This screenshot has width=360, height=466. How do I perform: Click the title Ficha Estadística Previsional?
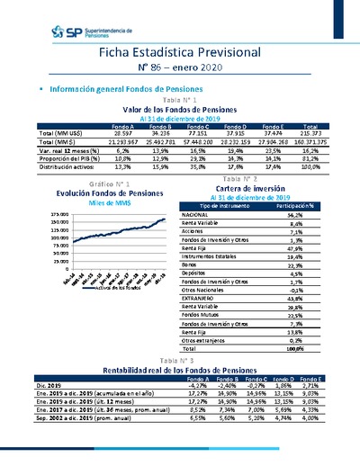tap(180, 55)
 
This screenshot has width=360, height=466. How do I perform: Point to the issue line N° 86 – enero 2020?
tap(180, 71)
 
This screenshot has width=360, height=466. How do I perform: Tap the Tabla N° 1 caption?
tap(180, 100)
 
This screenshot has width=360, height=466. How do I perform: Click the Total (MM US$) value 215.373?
tap(314, 131)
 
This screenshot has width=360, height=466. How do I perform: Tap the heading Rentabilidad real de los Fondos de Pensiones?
tap(180, 369)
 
